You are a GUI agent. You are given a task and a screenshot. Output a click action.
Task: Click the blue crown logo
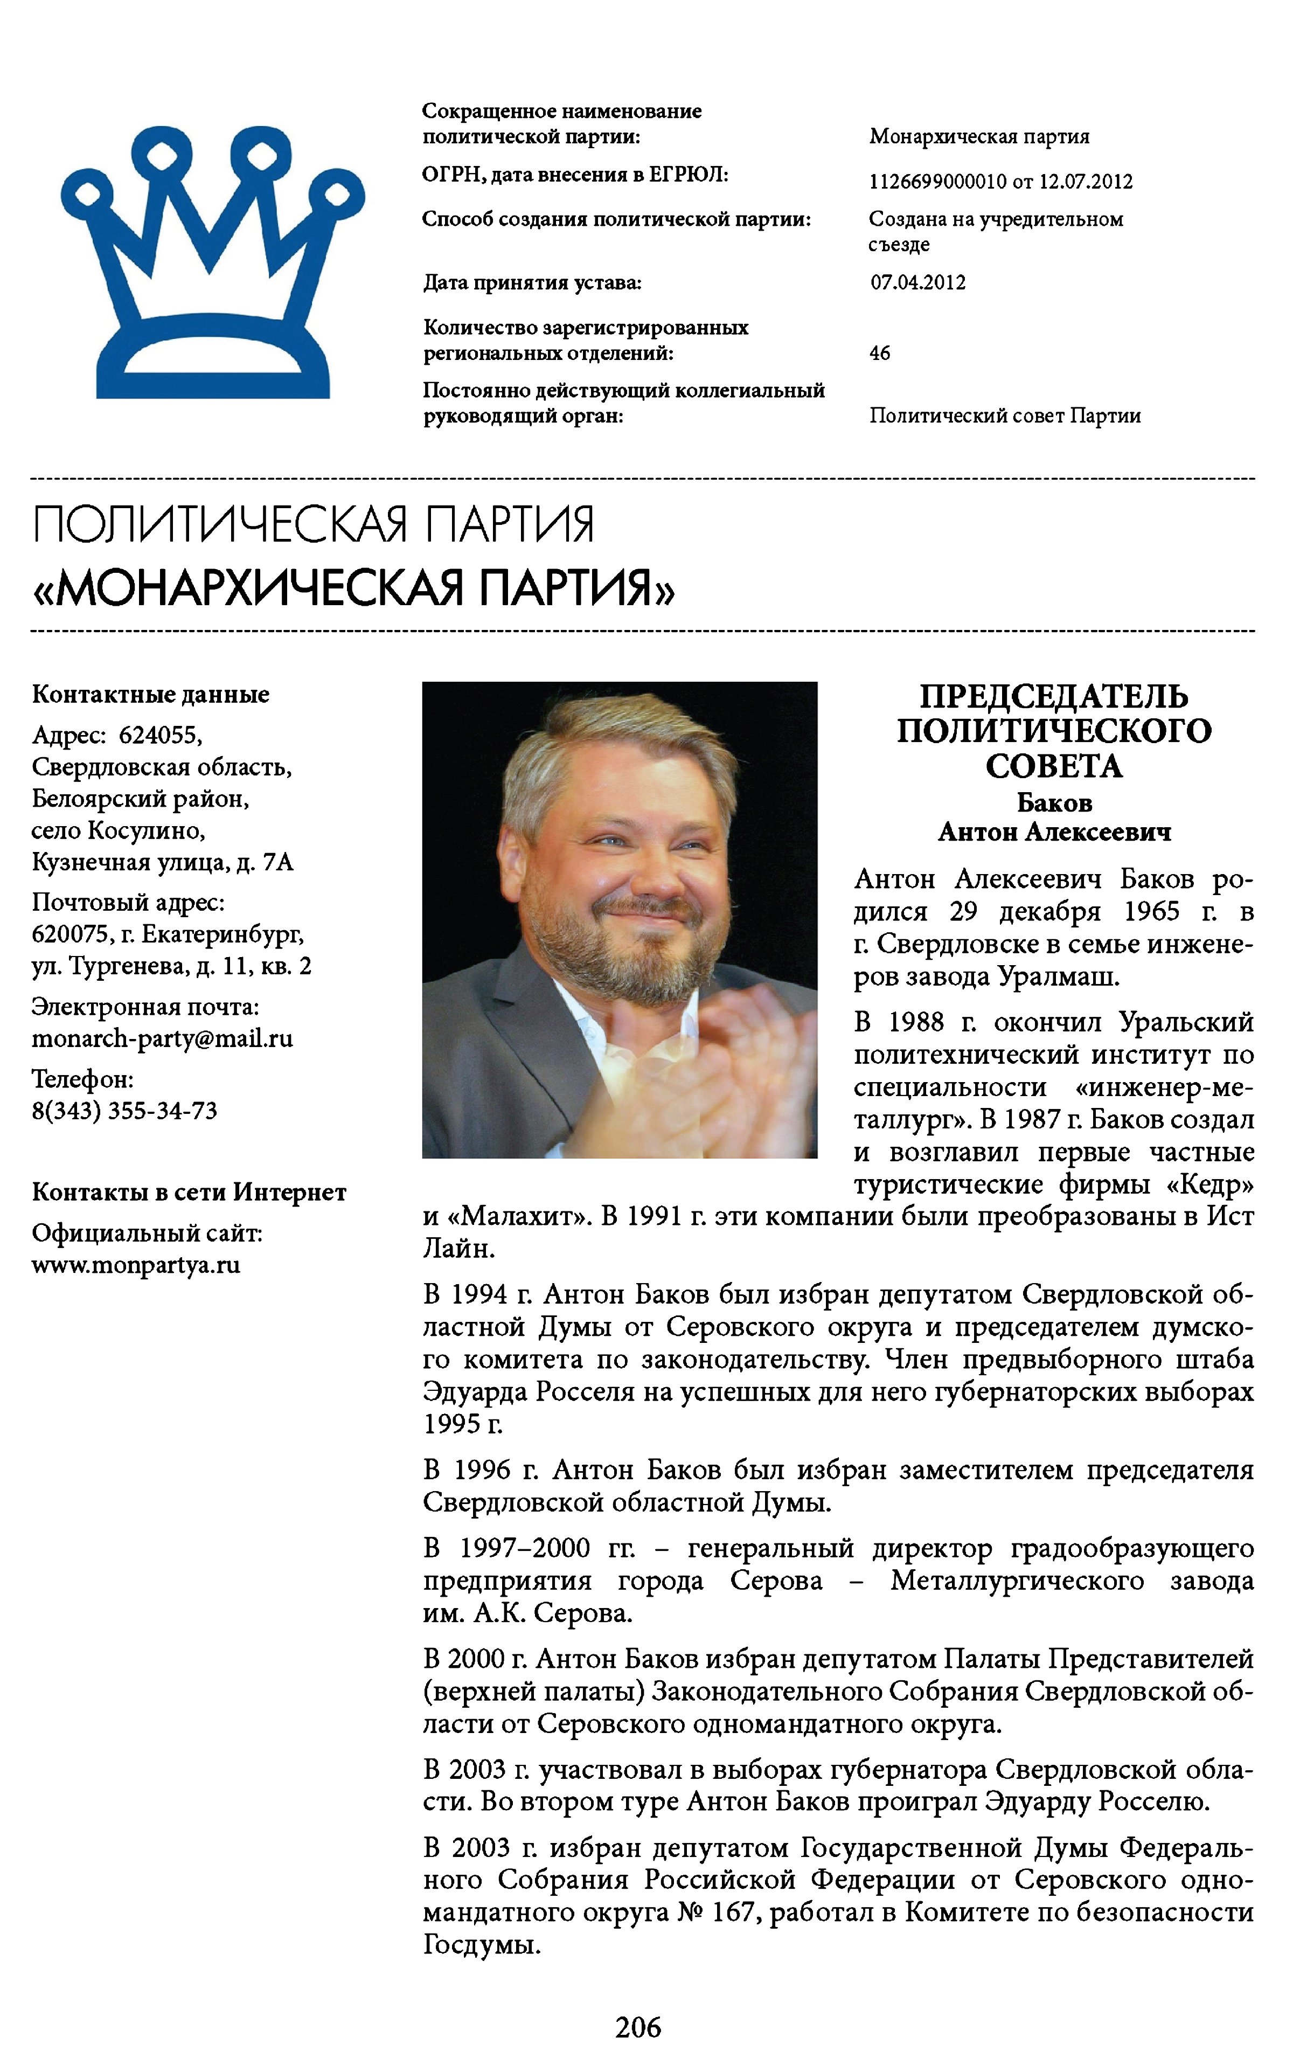pyautogui.click(x=212, y=265)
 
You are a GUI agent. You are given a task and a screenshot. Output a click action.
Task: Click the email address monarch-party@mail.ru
pyautogui.click(x=162, y=1038)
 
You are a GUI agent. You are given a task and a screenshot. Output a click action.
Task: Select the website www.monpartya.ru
pyautogui.click(x=136, y=1265)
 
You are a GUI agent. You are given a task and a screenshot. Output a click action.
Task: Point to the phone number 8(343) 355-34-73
pyautogui.click(x=125, y=1110)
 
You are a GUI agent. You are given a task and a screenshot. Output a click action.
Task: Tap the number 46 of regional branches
pyautogui.click(x=879, y=353)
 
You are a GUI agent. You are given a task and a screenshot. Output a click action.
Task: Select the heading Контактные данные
pyautogui.click(x=150, y=694)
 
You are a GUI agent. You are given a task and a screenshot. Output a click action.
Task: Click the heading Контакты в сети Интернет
pyautogui.click(x=189, y=1191)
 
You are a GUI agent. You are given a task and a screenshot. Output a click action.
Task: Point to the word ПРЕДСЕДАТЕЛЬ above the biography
pyautogui.click(x=1054, y=697)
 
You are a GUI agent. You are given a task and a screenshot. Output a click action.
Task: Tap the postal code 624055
pyautogui.click(x=160, y=735)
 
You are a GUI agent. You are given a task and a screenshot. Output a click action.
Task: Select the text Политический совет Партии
pyautogui.click(x=1005, y=416)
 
